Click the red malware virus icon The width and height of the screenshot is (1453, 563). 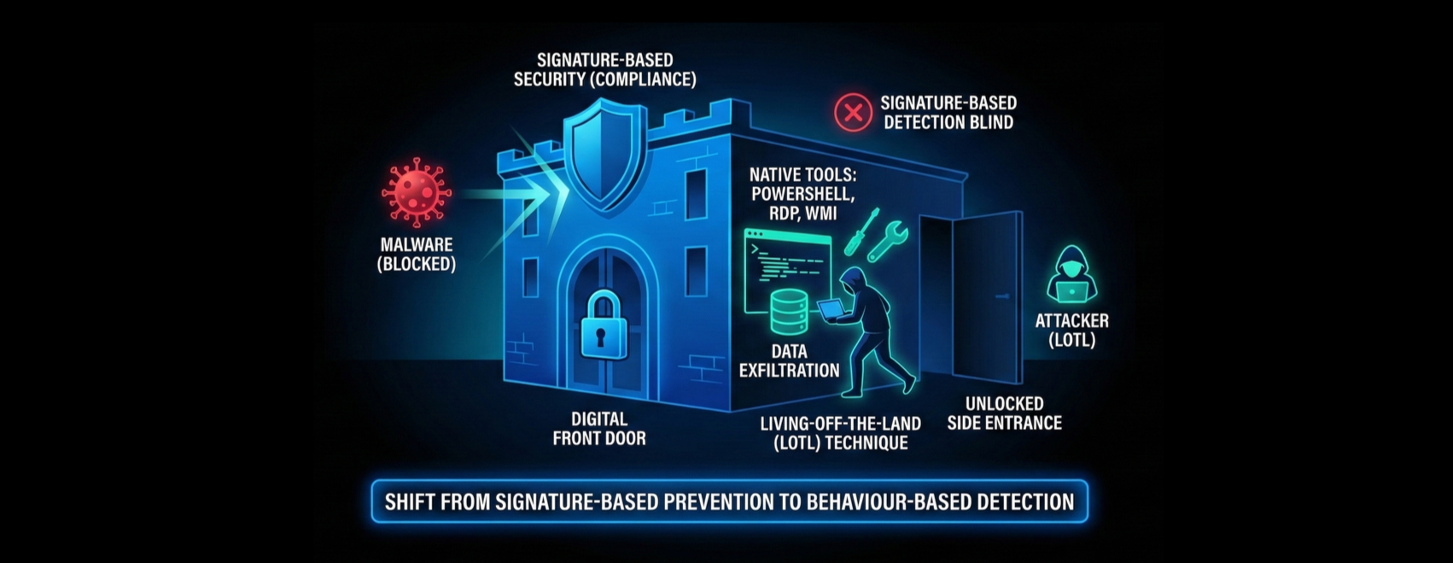[x=416, y=192]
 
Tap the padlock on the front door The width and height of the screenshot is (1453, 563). [x=604, y=325]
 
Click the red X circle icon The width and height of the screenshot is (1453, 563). [x=852, y=112]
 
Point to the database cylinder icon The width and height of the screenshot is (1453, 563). [x=789, y=312]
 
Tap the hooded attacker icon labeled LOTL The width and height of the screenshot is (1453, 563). [x=1071, y=275]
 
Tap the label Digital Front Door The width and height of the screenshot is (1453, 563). [x=599, y=429]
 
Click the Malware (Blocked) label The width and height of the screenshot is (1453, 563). [x=417, y=255]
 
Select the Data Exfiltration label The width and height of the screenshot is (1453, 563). [x=789, y=361]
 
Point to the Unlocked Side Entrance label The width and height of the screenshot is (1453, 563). [x=1004, y=413]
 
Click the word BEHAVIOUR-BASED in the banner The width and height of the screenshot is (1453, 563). [x=896, y=501]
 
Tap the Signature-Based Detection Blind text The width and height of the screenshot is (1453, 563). [x=948, y=112]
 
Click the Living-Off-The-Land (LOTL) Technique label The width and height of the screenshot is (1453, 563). [x=840, y=433]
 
